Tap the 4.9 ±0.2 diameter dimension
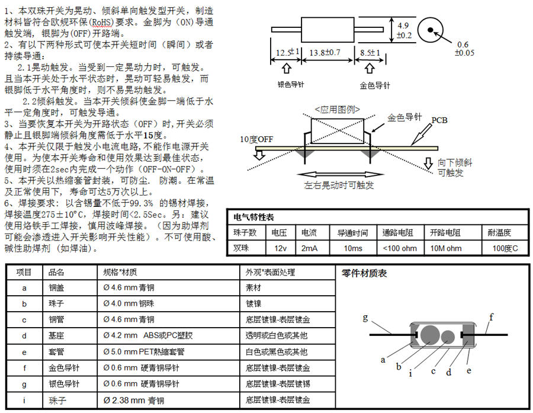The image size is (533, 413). coord(404,30)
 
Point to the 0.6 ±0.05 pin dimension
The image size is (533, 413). coord(464,49)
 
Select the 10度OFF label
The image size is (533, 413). coord(256,139)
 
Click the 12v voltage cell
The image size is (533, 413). coord(280,248)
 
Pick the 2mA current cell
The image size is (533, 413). coord(309,248)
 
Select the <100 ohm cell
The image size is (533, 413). coord(400,248)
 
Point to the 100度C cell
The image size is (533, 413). coord(505,248)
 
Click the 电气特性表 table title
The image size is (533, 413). coord(254,217)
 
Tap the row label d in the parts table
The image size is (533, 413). coord(24,336)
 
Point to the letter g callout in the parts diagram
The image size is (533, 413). coord(365,318)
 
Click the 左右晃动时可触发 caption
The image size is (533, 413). coord(339,185)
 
